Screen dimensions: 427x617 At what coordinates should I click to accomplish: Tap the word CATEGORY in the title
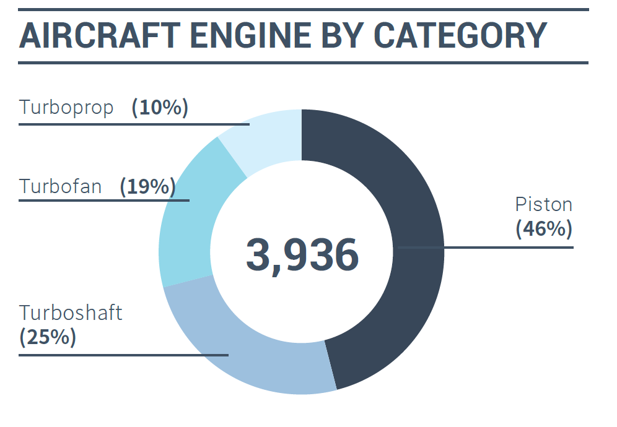click(x=461, y=36)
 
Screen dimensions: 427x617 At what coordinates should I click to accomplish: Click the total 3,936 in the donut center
click(x=302, y=255)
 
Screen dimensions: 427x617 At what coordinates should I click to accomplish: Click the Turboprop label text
click(x=67, y=108)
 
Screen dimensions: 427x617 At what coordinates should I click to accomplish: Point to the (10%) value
click(x=160, y=108)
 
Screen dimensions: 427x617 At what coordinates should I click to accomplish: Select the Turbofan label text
click(x=61, y=186)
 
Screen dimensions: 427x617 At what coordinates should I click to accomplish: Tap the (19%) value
click(x=147, y=186)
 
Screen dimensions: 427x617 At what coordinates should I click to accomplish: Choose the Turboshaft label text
click(x=71, y=313)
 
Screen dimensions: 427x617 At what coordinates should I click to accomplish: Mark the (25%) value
click(x=48, y=337)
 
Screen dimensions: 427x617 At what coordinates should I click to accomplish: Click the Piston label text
click(x=544, y=204)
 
